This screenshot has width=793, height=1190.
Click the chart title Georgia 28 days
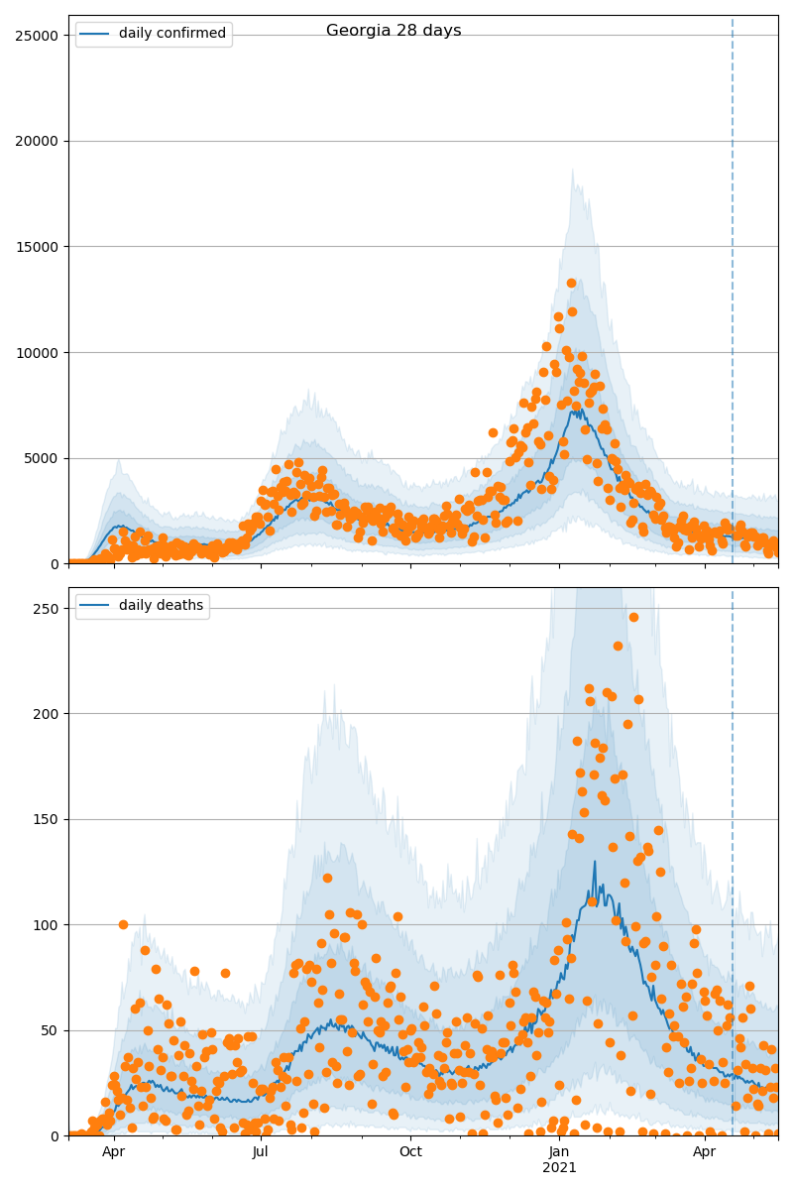coord(394,31)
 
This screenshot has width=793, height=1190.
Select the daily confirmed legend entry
coord(171,34)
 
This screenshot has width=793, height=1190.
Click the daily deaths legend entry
coord(161,606)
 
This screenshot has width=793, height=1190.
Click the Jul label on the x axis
coord(261,1151)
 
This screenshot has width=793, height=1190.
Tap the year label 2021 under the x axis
coord(559,1168)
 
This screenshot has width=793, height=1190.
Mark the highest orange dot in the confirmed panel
coord(571,283)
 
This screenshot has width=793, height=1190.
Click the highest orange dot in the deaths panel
coord(633,617)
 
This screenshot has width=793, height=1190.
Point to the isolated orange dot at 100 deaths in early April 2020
coord(123,924)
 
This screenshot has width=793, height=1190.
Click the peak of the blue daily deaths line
coord(595,861)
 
